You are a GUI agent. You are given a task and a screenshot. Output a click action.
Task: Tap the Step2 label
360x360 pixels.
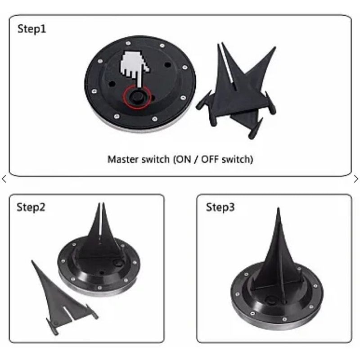pos(31,207)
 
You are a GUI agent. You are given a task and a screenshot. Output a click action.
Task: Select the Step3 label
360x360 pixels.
pos(220,207)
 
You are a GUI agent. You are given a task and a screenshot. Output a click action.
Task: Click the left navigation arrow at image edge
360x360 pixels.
pos(4,179)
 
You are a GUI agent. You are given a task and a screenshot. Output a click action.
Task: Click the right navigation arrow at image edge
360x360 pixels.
pos(356,179)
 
